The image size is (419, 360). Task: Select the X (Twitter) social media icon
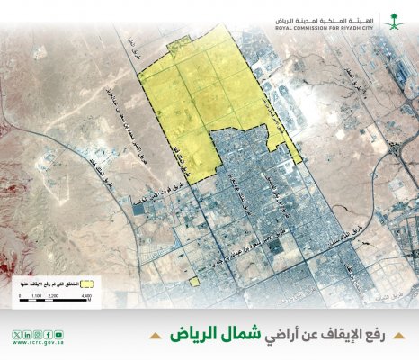pyautogui.click(x=15, y=334)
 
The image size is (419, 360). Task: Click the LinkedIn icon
pyautogui.click(x=26, y=334)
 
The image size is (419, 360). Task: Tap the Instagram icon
pyautogui.click(x=36, y=334)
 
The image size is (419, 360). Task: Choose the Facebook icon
pyautogui.click(x=47, y=334)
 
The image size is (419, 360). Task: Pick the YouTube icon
pyautogui.click(x=58, y=334)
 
